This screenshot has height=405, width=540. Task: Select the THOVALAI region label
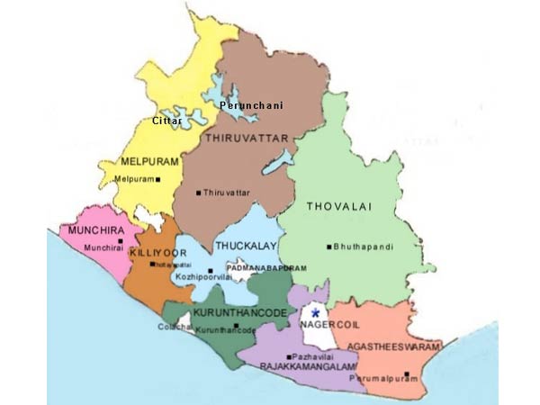click(x=337, y=207)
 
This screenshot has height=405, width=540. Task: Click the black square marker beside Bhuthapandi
click(x=330, y=247)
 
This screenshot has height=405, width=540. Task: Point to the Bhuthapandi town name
click(x=360, y=247)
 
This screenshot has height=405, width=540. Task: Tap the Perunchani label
click(x=251, y=106)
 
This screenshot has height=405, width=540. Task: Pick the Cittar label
click(x=166, y=120)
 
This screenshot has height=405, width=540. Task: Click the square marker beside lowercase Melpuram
click(x=157, y=179)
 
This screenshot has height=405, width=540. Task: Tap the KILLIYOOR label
click(x=157, y=253)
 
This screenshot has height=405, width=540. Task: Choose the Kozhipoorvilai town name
click(x=207, y=281)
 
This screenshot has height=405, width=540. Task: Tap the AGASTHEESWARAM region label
click(x=403, y=347)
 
